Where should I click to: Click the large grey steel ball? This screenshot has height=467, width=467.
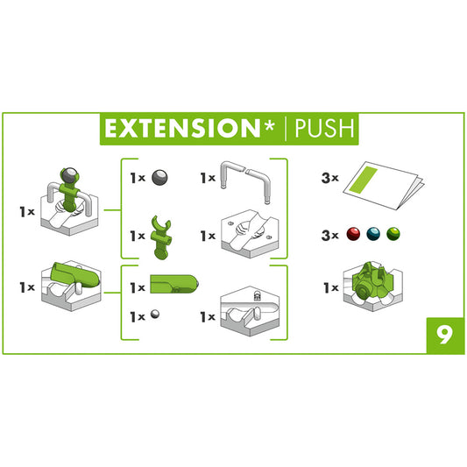(x=160, y=177)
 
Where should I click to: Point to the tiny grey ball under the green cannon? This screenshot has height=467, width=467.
(x=155, y=313)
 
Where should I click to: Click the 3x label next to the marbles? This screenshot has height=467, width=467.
(x=330, y=234)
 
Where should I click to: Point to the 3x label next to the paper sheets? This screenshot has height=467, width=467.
(x=330, y=178)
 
